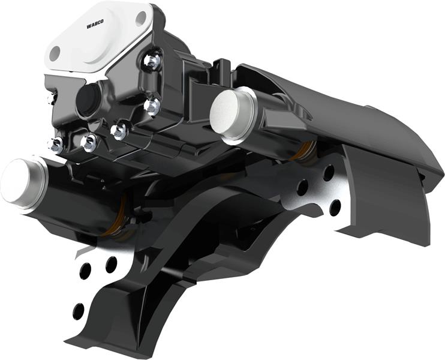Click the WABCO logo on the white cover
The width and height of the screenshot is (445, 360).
coord(95,24)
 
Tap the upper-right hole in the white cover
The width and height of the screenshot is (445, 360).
coord(141,19)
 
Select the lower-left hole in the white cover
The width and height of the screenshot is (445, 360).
coord(55,53)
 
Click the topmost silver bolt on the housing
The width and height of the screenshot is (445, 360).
coord(152,60)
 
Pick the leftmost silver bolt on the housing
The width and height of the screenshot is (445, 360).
coord(57,145)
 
